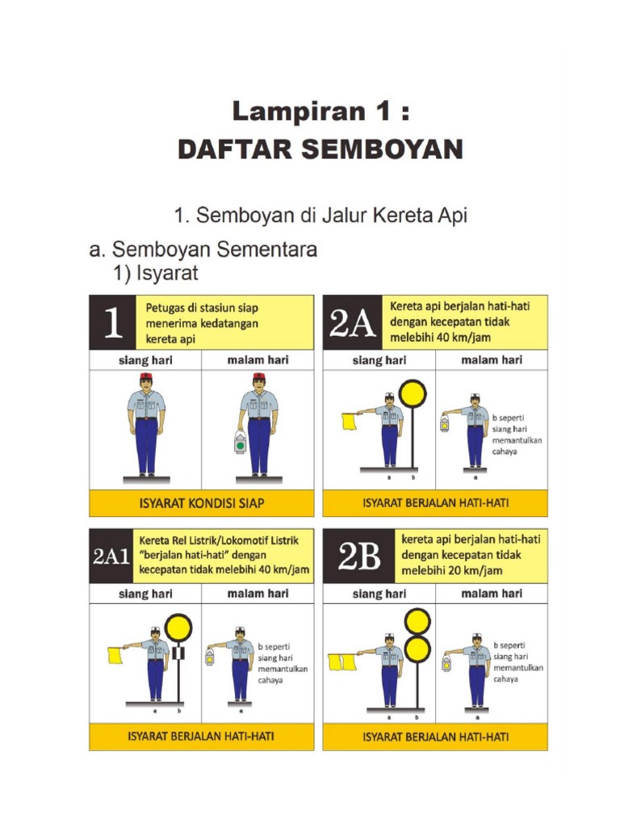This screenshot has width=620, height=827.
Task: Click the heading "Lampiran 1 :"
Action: pos(320,111)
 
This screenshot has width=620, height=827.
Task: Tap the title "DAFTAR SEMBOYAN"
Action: pos(320,149)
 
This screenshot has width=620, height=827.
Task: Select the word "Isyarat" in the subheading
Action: pos(165,275)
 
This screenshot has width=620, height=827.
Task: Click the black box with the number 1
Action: pos(112,322)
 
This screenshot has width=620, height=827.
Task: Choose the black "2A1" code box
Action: pos(111,556)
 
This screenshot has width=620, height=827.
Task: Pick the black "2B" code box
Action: pos(359,556)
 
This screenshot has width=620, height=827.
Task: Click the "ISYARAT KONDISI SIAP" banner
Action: pos(201,502)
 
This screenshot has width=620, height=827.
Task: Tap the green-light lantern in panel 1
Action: pos(241,443)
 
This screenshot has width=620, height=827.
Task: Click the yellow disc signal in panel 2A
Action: pos(413,393)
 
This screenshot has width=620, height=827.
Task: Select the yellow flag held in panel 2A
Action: pos(350,422)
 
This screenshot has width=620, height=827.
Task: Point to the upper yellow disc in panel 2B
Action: pos(417,622)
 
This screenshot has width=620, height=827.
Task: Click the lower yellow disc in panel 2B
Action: pos(417,649)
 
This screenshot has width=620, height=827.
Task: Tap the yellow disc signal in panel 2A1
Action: pos(178,627)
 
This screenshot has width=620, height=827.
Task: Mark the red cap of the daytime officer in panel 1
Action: pos(146,377)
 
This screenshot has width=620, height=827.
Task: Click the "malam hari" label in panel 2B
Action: pos(491,594)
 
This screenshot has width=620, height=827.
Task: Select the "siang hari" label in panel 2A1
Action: pos(145,594)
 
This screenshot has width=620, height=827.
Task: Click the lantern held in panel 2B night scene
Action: pos(446,664)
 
